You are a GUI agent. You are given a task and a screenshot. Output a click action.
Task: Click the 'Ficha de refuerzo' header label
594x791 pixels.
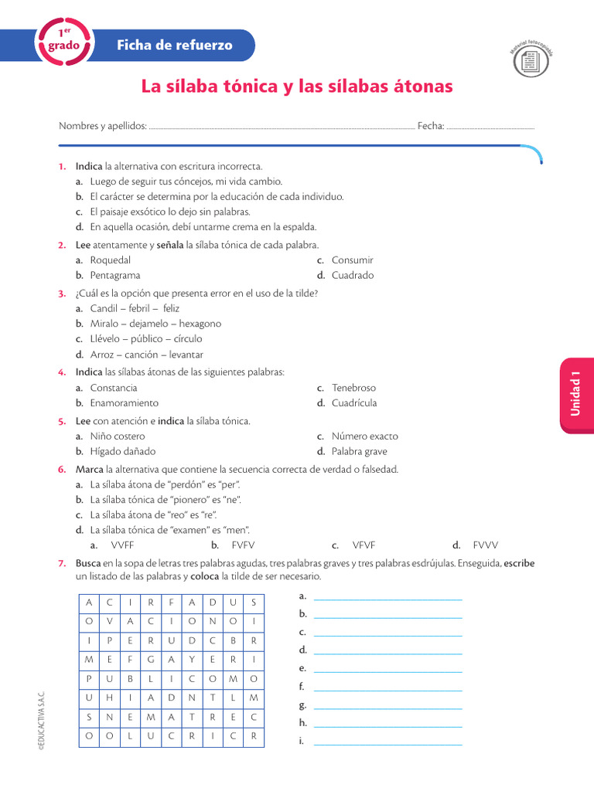[x=174, y=46]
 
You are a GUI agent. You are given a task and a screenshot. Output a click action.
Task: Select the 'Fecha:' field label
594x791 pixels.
[x=431, y=126]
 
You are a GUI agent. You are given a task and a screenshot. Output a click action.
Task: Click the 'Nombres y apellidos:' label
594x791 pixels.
[x=103, y=126]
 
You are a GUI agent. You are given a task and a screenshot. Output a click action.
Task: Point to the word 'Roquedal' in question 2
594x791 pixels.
[x=111, y=260]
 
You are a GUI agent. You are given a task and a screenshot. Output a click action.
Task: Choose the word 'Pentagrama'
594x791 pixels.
[x=115, y=275]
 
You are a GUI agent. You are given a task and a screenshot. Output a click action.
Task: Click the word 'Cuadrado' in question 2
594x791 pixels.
[x=353, y=275]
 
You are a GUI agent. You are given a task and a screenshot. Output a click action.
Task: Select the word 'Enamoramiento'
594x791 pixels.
[x=125, y=403]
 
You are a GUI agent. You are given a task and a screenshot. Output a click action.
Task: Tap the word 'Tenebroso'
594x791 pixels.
[x=354, y=388]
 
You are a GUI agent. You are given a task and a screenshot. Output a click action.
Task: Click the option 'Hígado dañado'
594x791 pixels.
[x=123, y=451]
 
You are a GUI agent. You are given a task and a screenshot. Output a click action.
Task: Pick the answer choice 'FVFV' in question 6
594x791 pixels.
[x=243, y=545]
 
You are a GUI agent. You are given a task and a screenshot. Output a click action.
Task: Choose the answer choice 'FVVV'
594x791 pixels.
[x=486, y=545]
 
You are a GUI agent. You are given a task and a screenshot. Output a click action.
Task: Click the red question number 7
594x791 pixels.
[x=61, y=563]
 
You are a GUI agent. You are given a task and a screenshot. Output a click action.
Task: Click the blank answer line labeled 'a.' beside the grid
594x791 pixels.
[x=387, y=597]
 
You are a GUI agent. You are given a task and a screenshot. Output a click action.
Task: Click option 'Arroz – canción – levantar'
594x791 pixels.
[x=147, y=355]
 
